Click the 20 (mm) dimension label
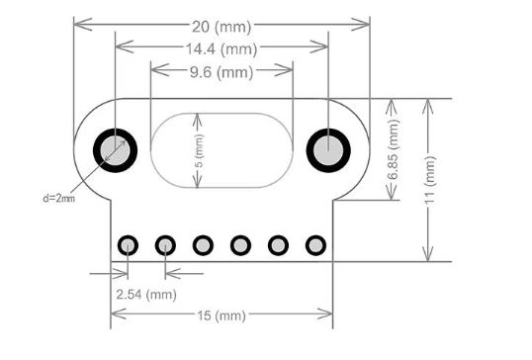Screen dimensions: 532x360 222,27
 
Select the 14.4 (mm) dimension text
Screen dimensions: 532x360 222,49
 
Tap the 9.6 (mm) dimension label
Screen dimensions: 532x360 222,72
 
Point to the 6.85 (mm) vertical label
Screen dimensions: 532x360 394,149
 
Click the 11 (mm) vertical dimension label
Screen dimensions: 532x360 430,180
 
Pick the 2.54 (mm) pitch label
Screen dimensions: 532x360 146,294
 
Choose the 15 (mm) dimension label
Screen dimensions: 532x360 222,315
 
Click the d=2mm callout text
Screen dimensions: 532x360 58,198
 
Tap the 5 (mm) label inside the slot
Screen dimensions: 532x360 200,150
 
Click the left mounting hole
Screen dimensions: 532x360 115,150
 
